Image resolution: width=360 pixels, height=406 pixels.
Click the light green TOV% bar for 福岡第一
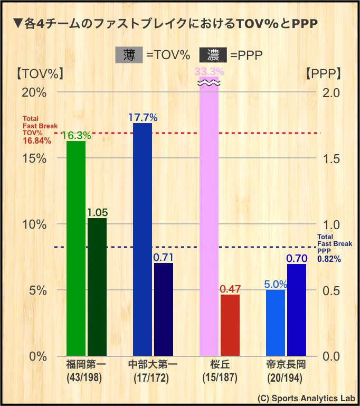coord(76,248)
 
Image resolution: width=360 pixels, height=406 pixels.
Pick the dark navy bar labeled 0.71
coord(163,309)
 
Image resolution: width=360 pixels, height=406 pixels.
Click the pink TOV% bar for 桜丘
coord(209,222)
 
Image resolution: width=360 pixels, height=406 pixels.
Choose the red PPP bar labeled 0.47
coord(230,325)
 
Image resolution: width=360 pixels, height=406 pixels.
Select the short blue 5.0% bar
coord(276,323)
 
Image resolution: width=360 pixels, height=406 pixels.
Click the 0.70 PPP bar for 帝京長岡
coord(297,310)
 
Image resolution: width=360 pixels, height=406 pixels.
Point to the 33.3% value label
coord(209,71)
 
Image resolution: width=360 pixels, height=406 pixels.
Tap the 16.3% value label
coord(76,135)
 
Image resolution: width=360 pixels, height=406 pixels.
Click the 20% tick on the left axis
coord(34,92)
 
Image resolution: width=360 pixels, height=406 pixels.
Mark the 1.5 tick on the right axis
coord(331,158)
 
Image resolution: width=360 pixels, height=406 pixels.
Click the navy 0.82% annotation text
coord(329,259)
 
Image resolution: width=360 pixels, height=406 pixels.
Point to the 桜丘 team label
coord(220,365)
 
